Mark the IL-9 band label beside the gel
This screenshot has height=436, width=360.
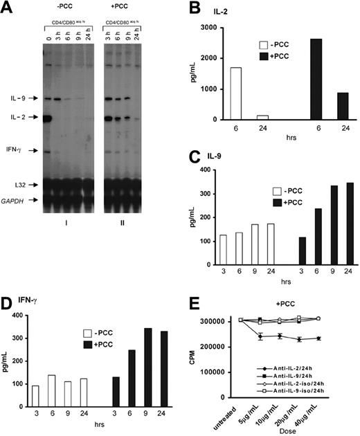[19, 98]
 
